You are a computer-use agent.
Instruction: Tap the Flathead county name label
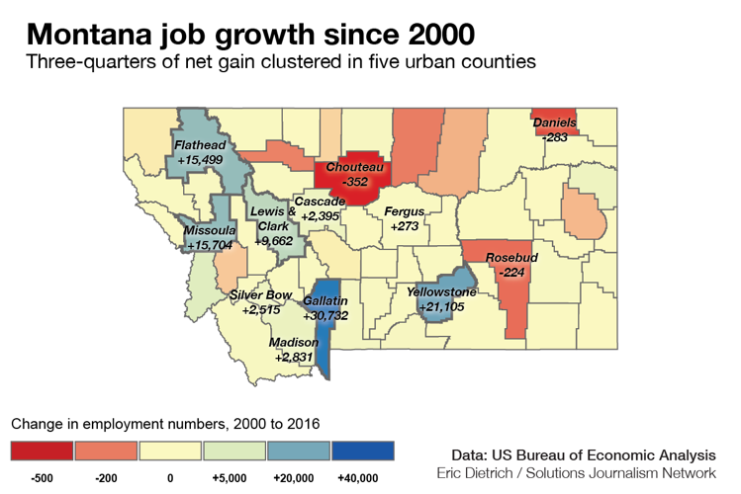[201, 145]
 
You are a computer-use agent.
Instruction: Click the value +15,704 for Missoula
[210, 245]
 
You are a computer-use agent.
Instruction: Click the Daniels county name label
[554, 123]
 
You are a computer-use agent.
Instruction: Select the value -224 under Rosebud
[511, 271]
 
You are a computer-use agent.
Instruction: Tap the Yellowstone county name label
[441, 292]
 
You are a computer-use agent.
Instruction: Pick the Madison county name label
[294, 342]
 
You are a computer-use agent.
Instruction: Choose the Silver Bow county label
[260, 294]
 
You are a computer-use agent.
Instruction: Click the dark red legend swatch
[42, 451]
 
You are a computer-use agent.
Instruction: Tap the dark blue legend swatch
[362, 451]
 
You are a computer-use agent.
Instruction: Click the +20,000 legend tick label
[298, 477]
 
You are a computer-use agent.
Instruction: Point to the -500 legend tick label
[42, 477]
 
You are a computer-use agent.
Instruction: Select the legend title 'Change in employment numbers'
[165, 424]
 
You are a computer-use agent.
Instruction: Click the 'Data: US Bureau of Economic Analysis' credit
[582, 454]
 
